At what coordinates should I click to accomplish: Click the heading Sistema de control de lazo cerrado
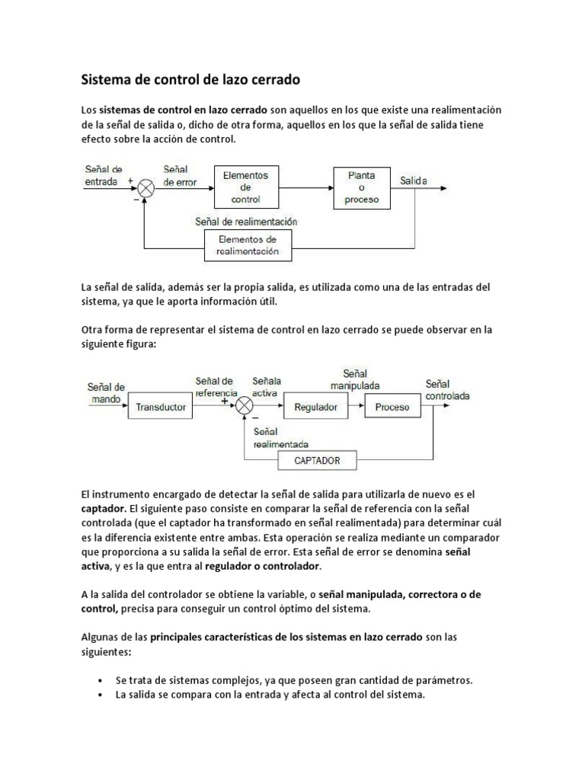[x=190, y=78]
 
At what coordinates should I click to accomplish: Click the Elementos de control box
[x=245, y=187]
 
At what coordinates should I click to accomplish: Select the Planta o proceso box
[x=362, y=187]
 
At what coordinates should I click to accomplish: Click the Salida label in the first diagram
[x=414, y=181]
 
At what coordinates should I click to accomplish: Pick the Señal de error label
[x=180, y=176]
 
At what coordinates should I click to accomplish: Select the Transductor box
[x=160, y=407]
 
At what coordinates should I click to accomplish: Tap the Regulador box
[x=315, y=407]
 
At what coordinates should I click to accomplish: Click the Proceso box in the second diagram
[x=392, y=407]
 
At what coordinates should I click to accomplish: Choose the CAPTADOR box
[x=316, y=460]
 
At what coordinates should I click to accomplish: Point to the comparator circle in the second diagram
[x=244, y=407]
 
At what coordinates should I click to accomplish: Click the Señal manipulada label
[x=355, y=379]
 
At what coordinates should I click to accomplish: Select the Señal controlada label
[x=447, y=390]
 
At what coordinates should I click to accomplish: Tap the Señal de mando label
[x=106, y=392]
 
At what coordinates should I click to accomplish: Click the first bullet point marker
[x=101, y=680]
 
